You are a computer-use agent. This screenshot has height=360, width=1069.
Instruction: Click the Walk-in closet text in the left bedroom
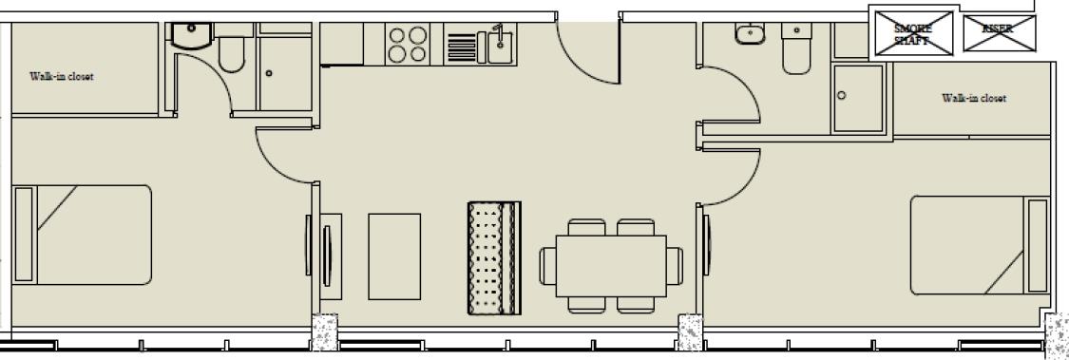click(x=62, y=76)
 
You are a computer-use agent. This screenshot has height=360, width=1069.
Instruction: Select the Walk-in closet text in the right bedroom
click(x=974, y=98)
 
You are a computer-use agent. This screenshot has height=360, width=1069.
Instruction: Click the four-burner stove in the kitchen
click(x=407, y=45)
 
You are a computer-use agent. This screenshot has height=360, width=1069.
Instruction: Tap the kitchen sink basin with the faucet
click(x=502, y=45)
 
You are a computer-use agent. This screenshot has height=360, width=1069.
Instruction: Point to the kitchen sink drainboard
click(x=462, y=47)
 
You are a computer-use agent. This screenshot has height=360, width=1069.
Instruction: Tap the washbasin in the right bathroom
click(x=752, y=33)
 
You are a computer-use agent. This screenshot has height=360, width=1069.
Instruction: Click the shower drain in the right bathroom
click(x=841, y=95)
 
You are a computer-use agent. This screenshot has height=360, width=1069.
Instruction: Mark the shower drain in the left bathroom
click(x=270, y=74)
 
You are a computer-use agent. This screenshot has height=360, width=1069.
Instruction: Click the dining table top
click(x=611, y=266)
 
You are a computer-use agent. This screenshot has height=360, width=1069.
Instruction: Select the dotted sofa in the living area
click(x=494, y=257)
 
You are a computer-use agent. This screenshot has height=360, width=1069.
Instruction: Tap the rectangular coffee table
click(x=394, y=256)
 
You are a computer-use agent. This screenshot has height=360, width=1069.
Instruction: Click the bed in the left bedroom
click(x=82, y=235)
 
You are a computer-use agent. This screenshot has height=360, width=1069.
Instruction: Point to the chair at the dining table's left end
click(x=548, y=266)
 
